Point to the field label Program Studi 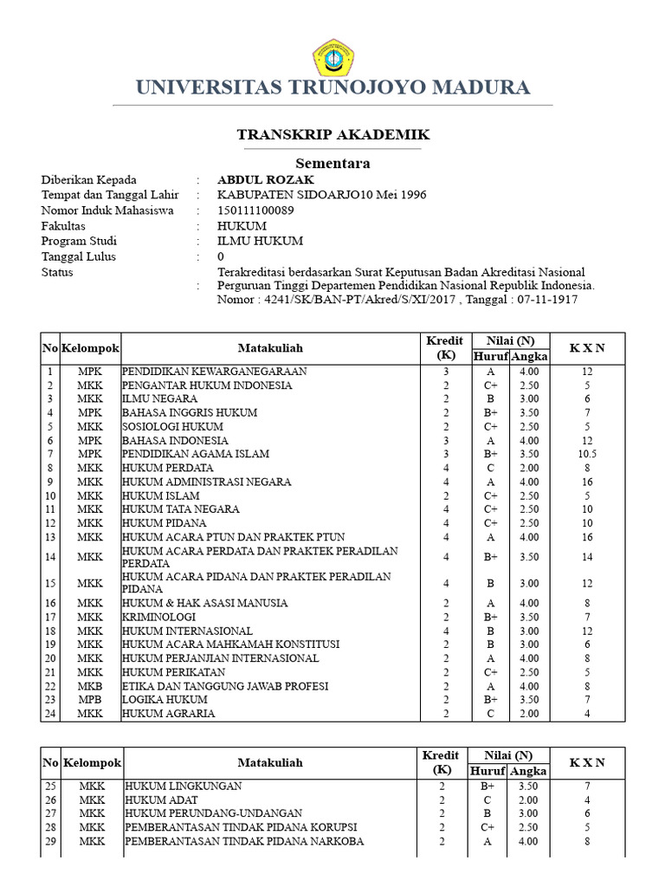tap(79, 241)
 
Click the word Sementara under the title tap(332, 163)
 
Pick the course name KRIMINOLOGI tap(158, 617)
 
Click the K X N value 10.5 tap(587, 454)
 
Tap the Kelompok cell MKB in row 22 tap(90, 685)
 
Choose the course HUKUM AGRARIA tap(168, 713)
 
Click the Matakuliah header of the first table tap(271, 348)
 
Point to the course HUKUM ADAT tap(162, 800)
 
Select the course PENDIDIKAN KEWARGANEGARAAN tap(215, 372)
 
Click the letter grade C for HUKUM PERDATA tap(490, 468)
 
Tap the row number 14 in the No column tap(50, 557)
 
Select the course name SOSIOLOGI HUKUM tap(172, 426)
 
